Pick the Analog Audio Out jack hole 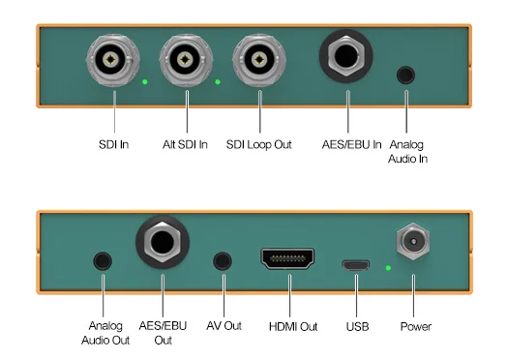[x=101, y=260]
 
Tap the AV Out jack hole [x=224, y=260]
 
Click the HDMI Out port [x=287, y=259]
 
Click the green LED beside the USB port [x=387, y=266]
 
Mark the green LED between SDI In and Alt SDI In [x=144, y=81]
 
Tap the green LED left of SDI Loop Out [x=218, y=81]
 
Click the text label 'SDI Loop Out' [x=260, y=145]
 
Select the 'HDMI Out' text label [x=292, y=327]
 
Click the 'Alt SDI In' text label [x=186, y=145]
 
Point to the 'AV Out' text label [x=224, y=327]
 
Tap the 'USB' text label [x=357, y=327]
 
